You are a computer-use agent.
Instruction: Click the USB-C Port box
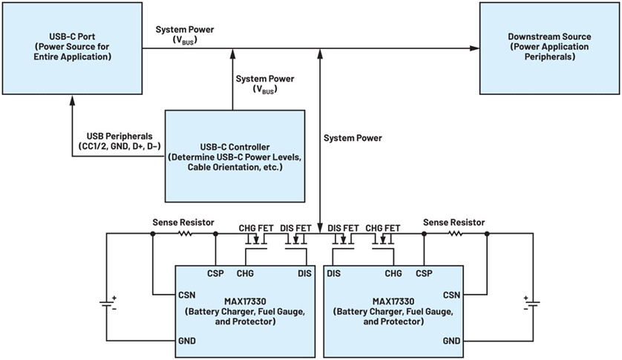click(x=72, y=48)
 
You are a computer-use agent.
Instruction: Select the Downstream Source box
click(x=549, y=48)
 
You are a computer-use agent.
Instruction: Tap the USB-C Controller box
click(x=235, y=156)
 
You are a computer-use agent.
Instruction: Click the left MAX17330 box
click(x=245, y=312)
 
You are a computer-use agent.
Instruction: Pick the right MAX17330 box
click(x=393, y=312)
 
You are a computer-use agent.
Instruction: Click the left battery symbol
click(x=107, y=304)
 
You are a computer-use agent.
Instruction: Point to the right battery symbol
click(x=532, y=304)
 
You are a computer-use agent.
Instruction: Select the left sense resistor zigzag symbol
click(x=185, y=234)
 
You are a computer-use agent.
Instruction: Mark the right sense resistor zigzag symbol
click(x=456, y=234)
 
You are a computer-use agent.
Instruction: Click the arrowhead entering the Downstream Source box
click(x=474, y=48)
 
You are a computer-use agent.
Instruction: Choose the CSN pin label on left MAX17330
click(x=186, y=295)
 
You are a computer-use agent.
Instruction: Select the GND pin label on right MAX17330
click(x=451, y=341)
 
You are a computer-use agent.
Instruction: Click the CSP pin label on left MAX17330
click(x=215, y=273)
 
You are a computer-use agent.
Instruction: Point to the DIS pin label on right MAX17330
click(x=333, y=273)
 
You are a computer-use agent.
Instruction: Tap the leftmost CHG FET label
click(x=256, y=228)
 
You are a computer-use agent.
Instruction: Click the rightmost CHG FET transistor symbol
click(x=383, y=241)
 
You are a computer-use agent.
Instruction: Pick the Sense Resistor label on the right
click(x=454, y=222)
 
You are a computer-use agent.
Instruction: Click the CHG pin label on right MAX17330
click(x=393, y=273)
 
